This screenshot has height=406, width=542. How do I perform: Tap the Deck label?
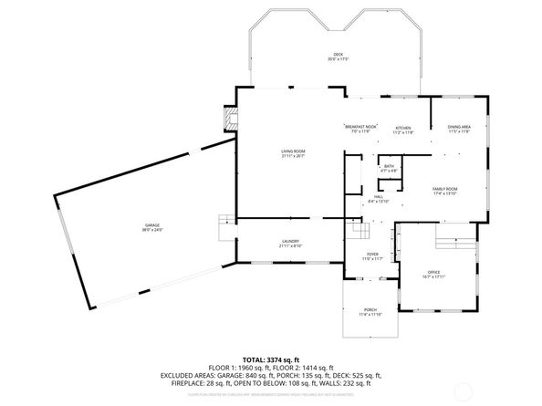coord(338,57)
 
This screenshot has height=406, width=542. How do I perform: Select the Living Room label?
coord(292,152)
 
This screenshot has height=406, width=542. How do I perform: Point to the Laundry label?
coord(289,243)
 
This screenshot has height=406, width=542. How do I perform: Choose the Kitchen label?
coord(402,130)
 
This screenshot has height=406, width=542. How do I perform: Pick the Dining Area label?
coord(459,129)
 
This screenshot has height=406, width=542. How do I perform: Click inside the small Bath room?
coord(390,168)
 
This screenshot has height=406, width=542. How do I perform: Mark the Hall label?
coord(378,200)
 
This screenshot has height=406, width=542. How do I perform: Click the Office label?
coord(433,274)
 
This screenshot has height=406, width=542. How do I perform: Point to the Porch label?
coord(370,312)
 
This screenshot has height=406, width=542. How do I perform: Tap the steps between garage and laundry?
coord(224,225)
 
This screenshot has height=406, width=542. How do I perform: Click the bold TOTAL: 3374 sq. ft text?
coord(271,360)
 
